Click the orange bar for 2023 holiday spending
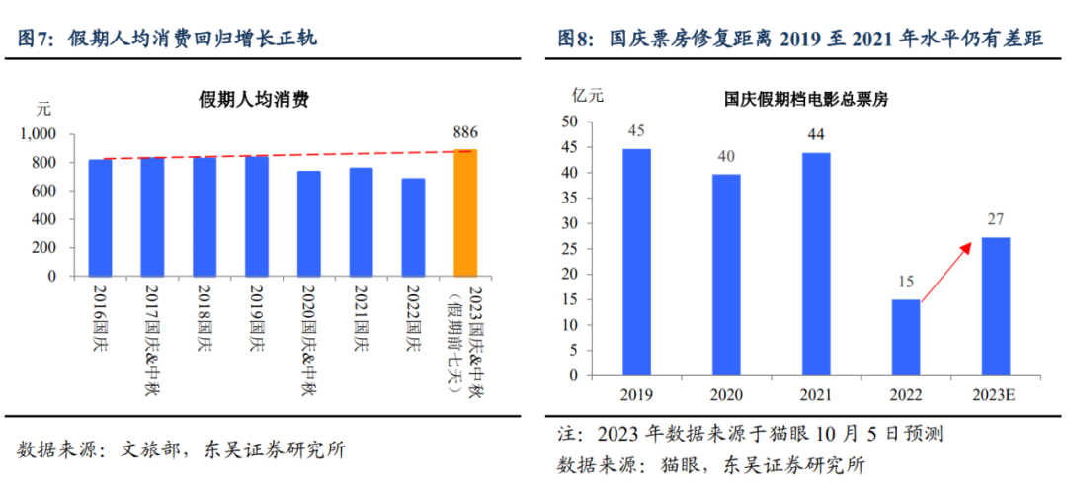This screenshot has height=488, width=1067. [x=465, y=213]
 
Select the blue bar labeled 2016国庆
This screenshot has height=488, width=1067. [x=100, y=218]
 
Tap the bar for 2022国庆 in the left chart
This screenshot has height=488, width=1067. [x=413, y=227]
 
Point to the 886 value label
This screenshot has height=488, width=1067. [x=465, y=131]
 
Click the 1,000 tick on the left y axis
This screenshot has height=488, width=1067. [x=38, y=134]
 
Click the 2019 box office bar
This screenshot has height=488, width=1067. [x=636, y=263]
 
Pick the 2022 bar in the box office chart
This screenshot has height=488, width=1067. [x=906, y=338]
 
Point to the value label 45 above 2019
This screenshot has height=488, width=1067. [x=636, y=131]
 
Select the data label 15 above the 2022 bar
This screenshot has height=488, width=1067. [x=906, y=283]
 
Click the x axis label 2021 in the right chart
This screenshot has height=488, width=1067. [x=815, y=394]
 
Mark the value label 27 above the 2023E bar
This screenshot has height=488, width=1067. [x=995, y=220]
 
